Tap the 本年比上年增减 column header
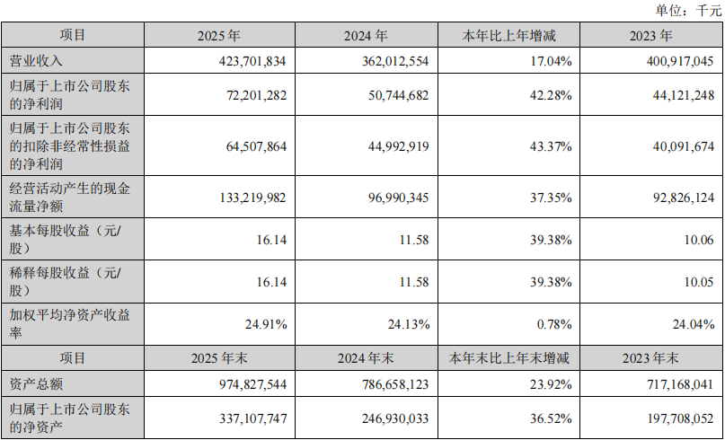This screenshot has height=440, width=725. (x=508, y=37)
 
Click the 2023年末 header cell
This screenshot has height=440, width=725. (x=652, y=358)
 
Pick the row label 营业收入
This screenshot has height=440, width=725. (x=35, y=61)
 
